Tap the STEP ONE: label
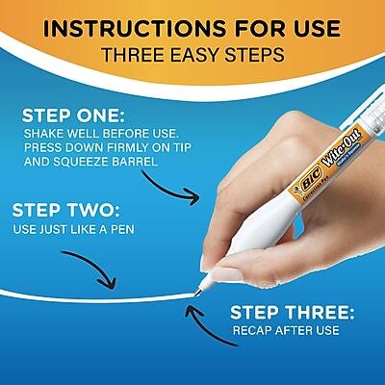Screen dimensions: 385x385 tap(71, 115)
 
